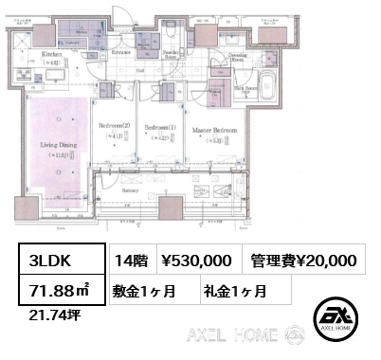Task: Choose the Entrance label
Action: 122,51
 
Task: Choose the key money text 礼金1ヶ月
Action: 232,289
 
